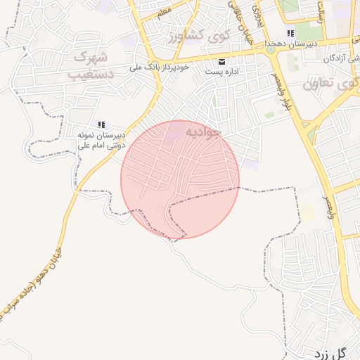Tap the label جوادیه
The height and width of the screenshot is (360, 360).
203,131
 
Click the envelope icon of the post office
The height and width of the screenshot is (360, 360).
223,60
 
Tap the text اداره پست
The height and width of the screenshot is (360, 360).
223,71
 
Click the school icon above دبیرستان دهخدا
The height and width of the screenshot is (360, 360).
290,34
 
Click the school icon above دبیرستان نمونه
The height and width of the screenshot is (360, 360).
101,124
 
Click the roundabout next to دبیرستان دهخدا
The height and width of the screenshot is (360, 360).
270,49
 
